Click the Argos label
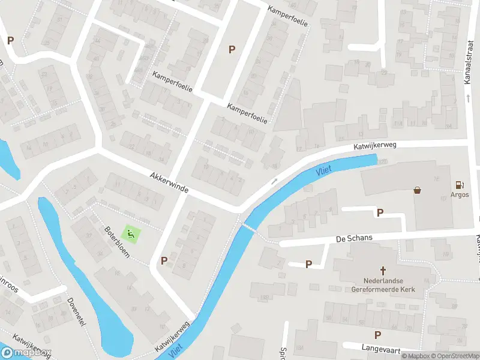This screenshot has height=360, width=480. (460, 195)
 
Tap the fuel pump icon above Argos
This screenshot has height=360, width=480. (460, 185)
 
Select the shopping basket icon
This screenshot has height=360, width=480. (417, 190)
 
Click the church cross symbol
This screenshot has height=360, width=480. (382, 271)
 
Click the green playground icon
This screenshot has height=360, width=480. (129, 233)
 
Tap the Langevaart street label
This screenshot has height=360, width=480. (380, 347)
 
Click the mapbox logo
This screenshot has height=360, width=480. (26, 353)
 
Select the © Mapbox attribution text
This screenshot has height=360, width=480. (414, 356)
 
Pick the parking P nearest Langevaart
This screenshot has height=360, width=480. (377, 335)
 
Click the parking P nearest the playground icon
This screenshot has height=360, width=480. (164, 260)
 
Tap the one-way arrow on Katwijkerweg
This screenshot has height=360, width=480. (274, 181)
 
